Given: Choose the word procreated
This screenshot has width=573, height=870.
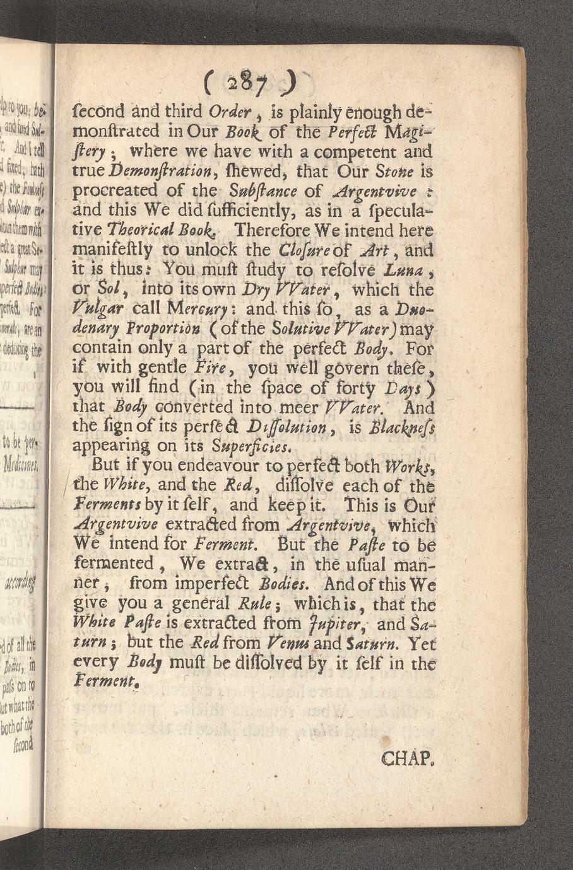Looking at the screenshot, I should (x=123, y=190).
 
